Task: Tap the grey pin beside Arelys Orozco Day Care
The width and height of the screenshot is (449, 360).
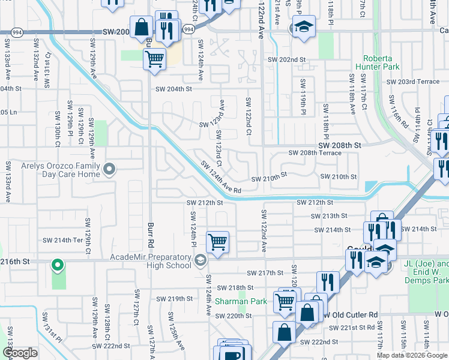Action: click(109, 170)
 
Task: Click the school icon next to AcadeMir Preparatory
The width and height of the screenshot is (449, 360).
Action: click(200, 260)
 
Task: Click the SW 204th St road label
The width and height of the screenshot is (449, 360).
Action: click(173, 89)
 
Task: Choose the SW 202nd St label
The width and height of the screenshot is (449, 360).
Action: click(286, 60)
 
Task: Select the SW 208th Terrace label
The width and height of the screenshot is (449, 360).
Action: click(315, 153)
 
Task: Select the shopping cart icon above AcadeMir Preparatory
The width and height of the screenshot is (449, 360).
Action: click(217, 242)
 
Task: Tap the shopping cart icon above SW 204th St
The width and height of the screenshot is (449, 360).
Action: click(154, 59)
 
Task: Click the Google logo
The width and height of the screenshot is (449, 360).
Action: click(20, 353)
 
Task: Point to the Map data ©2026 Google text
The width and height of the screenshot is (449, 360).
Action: click(412, 355)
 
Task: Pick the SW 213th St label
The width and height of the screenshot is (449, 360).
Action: click(329, 216)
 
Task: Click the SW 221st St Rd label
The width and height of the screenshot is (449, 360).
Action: click(352, 328)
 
